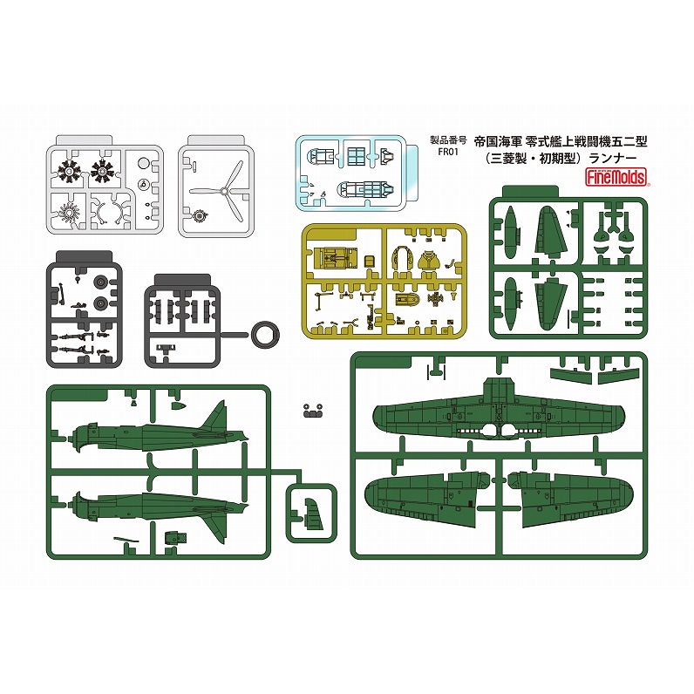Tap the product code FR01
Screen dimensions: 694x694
tap(447, 152)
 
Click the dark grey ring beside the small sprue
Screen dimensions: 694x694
tap(266, 334)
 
